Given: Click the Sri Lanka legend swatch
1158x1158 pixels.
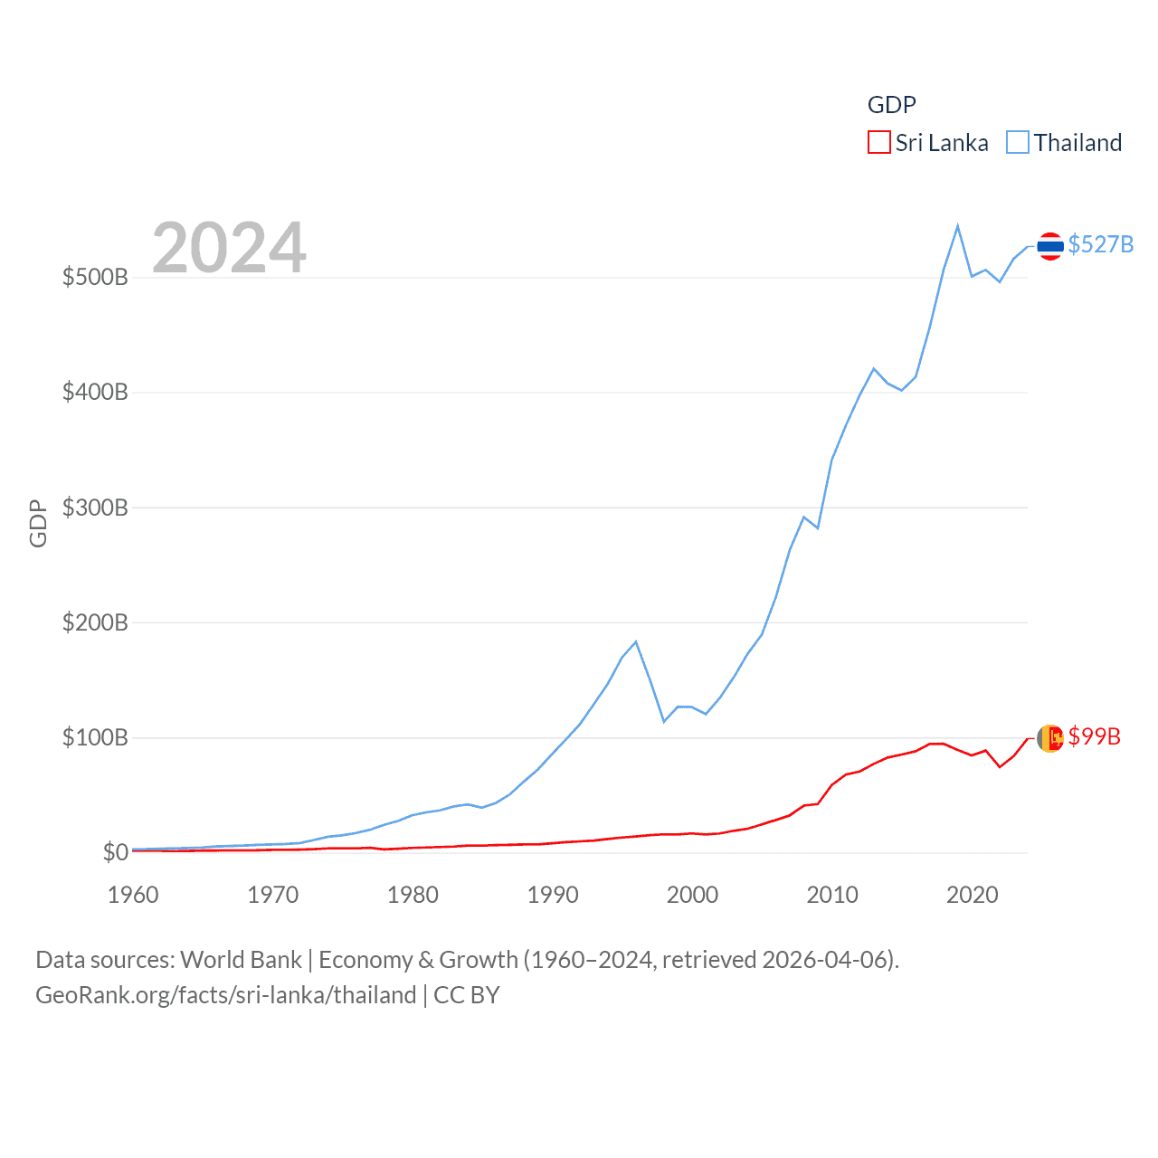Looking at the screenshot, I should point(878,143).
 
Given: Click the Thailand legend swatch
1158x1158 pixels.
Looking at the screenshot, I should point(1018,143).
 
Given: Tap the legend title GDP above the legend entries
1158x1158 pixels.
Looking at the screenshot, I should point(891,105).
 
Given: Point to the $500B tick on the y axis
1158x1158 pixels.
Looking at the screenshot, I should point(95,277).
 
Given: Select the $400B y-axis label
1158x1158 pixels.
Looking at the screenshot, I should point(95,392).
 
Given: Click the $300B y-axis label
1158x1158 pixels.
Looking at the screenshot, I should point(95,508).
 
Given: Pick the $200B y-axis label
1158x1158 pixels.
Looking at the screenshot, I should point(95,622).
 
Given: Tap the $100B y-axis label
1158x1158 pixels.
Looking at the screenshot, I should point(95,737).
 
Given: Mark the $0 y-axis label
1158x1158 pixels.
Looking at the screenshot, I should point(115,852).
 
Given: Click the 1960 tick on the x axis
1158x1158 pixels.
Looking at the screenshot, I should point(133,895).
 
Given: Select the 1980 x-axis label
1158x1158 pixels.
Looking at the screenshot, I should point(413,895).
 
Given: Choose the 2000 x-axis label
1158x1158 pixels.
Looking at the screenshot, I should point(692,895).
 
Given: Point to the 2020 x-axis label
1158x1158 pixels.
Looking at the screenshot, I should point(972,895).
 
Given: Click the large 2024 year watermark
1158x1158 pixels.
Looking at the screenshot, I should point(229,248).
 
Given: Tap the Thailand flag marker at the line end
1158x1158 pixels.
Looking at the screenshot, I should point(1049,245).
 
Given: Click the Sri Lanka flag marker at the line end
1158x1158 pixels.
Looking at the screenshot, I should point(1049,738).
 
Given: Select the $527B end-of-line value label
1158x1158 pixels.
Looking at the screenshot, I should point(1100,245).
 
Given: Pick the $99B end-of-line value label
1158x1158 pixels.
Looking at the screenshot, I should point(1094,737).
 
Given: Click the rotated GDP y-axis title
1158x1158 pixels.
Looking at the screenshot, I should point(38,523).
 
